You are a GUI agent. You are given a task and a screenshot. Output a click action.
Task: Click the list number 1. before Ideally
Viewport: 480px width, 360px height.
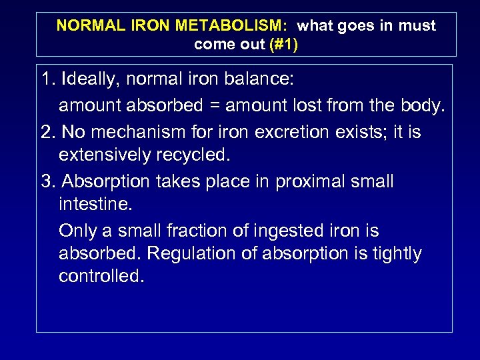pyautogui.click(x=47, y=79)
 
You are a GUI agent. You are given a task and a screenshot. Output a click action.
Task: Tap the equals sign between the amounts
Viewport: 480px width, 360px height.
pyautogui.click(x=214, y=105)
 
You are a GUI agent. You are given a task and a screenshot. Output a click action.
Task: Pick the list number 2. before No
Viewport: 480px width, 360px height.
pyautogui.click(x=47, y=131)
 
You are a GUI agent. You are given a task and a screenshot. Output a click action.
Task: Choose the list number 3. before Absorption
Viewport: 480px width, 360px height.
pyautogui.click(x=47, y=181)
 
